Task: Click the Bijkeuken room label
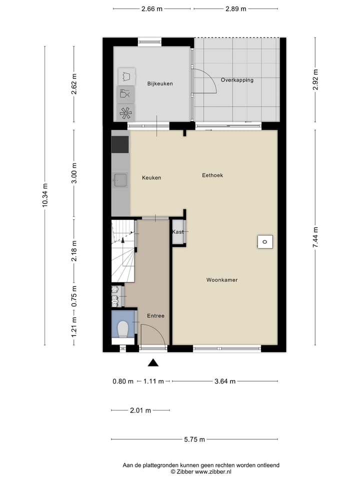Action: [160, 83]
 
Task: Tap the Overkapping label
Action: [237, 80]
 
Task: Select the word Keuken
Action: [151, 177]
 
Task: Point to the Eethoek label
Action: [212, 175]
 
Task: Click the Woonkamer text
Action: [221, 280]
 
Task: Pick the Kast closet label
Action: [177, 232]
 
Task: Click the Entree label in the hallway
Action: [155, 316]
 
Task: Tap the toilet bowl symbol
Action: [123, 328]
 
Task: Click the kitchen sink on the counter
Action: [120, 179]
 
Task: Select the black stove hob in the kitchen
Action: [119, 144]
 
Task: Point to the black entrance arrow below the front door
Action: [153, 363]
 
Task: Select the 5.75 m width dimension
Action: [194, 439]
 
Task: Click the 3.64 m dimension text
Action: [224, 381]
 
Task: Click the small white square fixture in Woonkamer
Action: [264, 242]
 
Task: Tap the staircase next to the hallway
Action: [122, 252]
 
